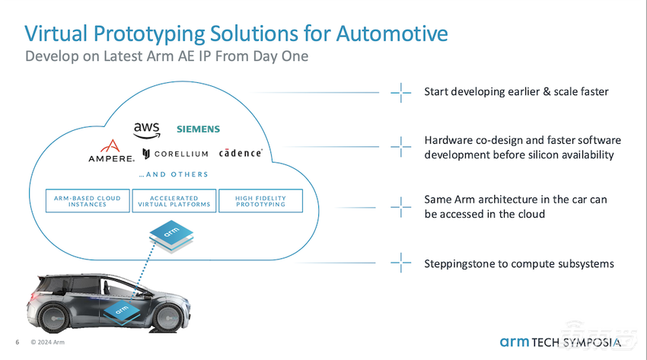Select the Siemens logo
198,129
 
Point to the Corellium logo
175,154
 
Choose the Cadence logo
241,153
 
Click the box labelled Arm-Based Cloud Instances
88,201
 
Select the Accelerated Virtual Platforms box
174,201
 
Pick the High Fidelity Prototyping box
260,201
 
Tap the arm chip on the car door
120,310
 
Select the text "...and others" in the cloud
174,174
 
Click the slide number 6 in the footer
18,342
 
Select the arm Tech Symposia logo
564,342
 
